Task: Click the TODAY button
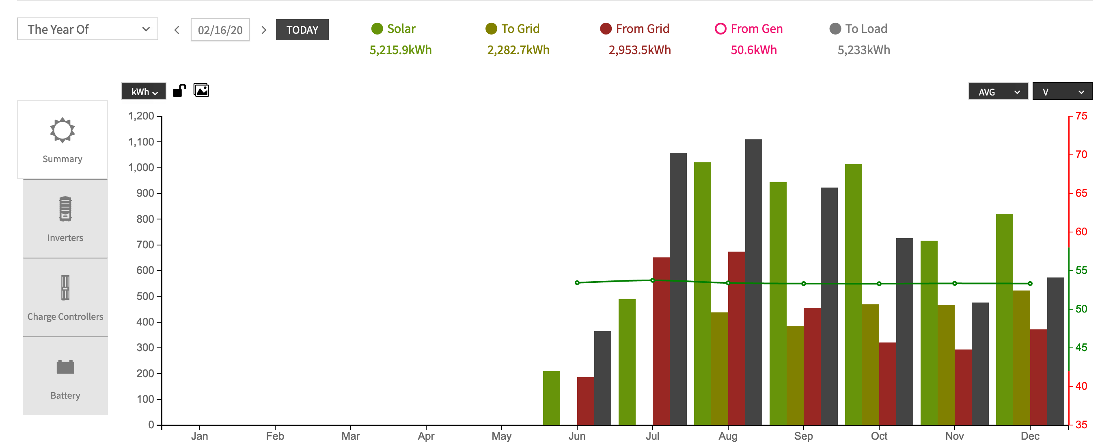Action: pyautogui.click(x=302, y=30)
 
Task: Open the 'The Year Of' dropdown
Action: pyautogui.click(x=88, y=30)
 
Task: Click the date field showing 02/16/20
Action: pyautogui.click(x=220, y=30)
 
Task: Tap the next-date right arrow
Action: pyautogui.click(x=264, y=30)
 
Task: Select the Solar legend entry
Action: pyautogui.click(x=393, y=28)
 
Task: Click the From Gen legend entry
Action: pyautogui.click(x=748, y=28)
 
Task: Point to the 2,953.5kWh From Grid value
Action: pyautogui.click(x=639, y=50)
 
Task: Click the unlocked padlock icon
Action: pyautogui.click(x=179, y=91)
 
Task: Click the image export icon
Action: pyautogui.click(x=201, y=91)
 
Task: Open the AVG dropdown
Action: pyautogui.click(x=998, y=92)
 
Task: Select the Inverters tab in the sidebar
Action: pyautogui.click(x=65, y=218)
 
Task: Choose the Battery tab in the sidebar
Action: pyautogui.click(x=65, y=376)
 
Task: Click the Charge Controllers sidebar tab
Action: pyautogui.click(x=65, y=297)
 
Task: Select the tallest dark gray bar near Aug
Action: pyautogui.click(x=753, y=282)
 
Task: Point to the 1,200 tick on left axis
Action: pyautogui.click(x=141, y=116)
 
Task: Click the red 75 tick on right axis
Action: pyautogui.click(x=1081, y=116)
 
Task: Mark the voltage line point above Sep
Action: pyautogui.click(x=803, y=284)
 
